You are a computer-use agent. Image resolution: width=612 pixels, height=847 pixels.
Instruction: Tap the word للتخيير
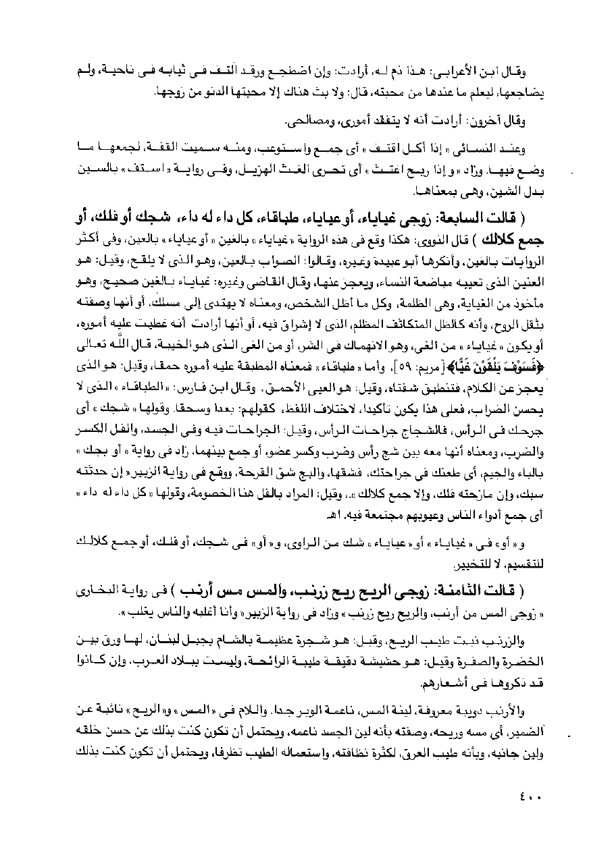tap(509, 562)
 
